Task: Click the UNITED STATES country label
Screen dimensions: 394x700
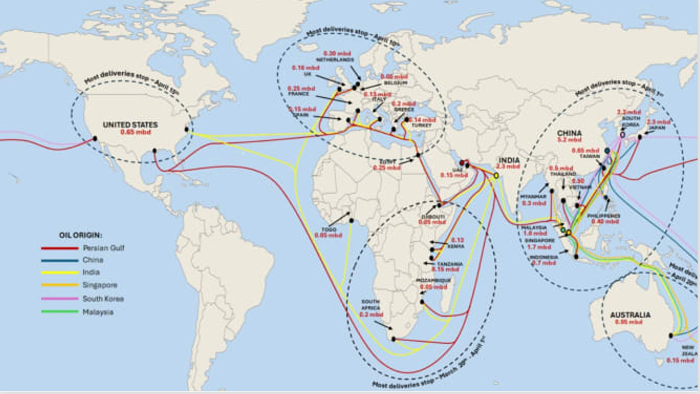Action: click(130, 125)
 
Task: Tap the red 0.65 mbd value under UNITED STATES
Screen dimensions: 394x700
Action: click(136, 132)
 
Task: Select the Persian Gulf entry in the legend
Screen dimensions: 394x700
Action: click(103, 248)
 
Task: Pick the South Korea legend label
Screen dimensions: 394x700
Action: click(103, 299)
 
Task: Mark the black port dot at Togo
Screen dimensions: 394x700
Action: click(350, 214)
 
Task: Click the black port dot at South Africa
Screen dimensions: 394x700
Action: click(394, 339)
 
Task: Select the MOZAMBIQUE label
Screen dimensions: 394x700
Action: click(433, 280)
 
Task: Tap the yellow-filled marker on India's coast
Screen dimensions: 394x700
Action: click(496, 175)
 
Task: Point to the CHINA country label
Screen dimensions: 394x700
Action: click(569, 133)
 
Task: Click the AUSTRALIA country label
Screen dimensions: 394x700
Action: click(630, 315)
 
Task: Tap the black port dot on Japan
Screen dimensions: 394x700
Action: click(639, 137)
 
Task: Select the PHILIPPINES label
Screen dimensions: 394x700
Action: click(604, 216)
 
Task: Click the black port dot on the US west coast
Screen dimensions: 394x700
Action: click(95, 139)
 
